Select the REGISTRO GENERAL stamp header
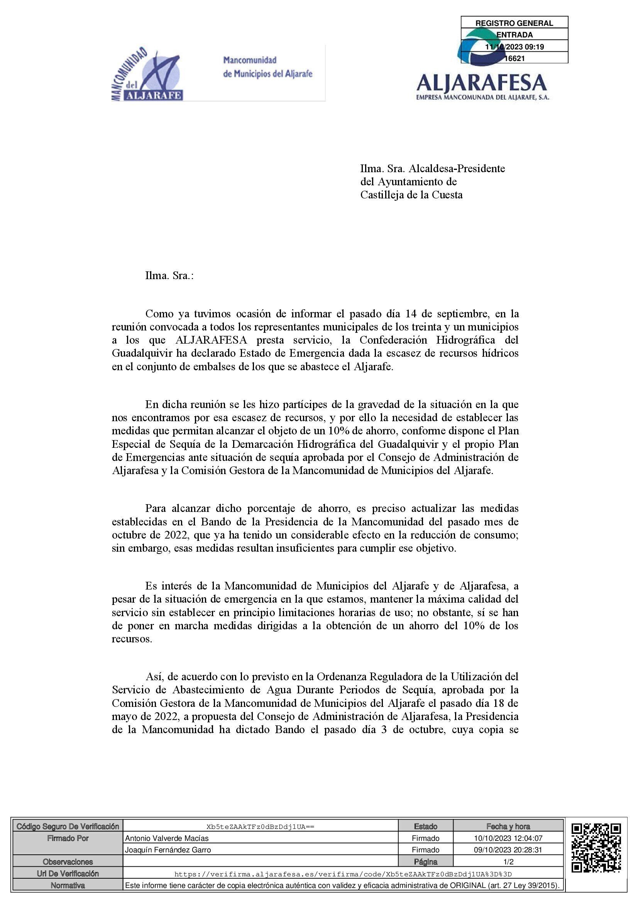514,23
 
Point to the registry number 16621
515,59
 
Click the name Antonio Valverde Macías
167,838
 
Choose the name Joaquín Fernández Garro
168,850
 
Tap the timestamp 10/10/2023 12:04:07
508,838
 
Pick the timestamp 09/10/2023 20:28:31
508,850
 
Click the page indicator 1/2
508,862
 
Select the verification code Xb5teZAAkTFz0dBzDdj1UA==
260,827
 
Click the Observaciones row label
68,862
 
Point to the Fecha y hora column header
508,826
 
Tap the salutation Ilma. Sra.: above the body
169,275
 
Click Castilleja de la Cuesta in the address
411,195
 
